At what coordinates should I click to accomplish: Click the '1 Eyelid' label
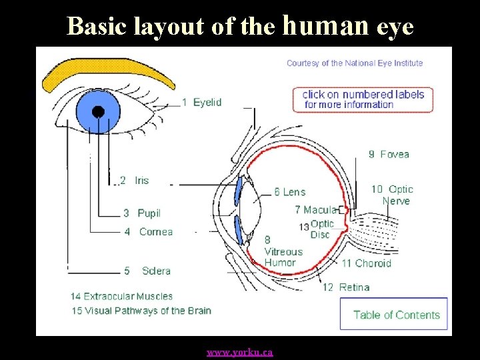[201, 103]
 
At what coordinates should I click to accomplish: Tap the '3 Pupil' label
[142, 213]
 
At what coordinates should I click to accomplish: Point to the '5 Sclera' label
[147, 271]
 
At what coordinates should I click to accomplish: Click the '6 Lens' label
[290, 192]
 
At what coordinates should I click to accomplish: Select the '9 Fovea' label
[389, 155]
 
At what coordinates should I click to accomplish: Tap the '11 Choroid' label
[366, 263]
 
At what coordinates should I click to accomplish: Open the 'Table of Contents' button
[396, 315]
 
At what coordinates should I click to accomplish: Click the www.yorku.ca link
[239, 352]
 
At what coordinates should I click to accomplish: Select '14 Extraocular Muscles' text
[121, 296]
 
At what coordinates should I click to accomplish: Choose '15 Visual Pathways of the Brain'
[141, 310]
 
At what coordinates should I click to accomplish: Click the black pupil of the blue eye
[98, 111]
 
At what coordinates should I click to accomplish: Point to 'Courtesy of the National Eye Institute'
[355, 63]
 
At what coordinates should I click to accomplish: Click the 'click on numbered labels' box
[363, 99]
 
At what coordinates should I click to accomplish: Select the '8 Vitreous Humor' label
[283, 251]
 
